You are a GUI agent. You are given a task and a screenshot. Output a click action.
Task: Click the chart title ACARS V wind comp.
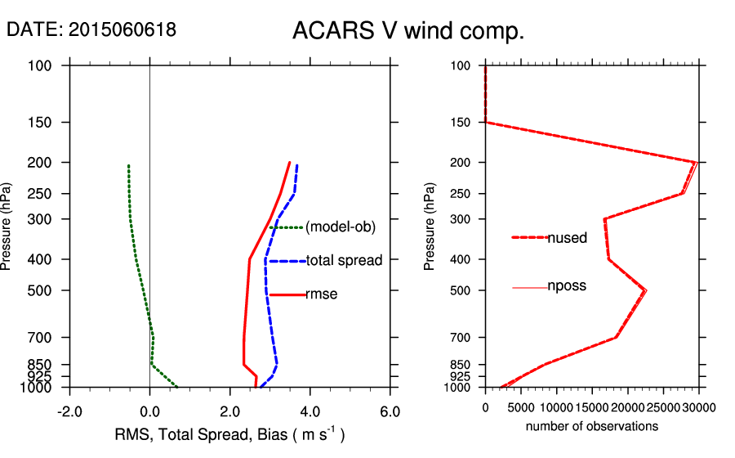coord(408,31)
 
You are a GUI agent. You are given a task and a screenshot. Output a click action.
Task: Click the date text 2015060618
coord(91,30)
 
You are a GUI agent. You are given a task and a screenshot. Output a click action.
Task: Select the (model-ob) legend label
coord(341,227)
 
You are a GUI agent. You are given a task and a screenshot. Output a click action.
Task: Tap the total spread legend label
coord(344,261)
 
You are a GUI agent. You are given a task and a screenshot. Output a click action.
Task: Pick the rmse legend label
coord(321,294)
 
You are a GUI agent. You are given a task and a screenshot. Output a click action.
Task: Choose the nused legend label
coord(567,238)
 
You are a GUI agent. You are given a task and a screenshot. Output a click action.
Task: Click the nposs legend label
coord(567,286)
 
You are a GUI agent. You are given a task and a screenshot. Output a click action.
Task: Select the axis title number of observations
coord(592,426)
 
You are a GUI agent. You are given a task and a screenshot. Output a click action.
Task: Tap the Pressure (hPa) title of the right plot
coord(430,226)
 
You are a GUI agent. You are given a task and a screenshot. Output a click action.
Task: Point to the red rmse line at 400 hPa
coord(249,259)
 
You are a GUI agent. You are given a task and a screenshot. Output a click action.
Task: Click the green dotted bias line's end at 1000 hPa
coord(176,387)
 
